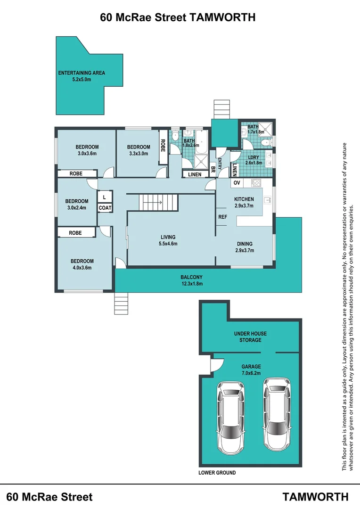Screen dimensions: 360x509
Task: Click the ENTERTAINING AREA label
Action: click(x=82, y=76)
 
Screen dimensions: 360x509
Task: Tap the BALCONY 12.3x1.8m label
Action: click(x=191, y=280)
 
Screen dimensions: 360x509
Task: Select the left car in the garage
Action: click(x=230, y=418)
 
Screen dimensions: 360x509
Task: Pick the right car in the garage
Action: click(x=277, y=414)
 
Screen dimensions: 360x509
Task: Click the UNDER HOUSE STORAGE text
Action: click(x=250, y=337)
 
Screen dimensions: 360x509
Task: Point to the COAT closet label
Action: click(x=105, y=208)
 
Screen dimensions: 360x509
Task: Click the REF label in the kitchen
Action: click(x=223, y=217)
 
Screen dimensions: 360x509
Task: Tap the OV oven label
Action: click(x=237, y=183)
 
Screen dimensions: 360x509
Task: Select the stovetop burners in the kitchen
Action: click(x=256, y=183)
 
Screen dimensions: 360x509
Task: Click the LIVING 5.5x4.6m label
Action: click(x=168, y=240)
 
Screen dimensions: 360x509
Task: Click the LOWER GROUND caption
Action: click(x=217, y=473)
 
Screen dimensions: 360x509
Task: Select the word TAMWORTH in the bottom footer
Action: click(x=315, y=497)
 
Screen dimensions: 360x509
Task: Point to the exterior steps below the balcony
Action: click(x=121, y=303)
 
